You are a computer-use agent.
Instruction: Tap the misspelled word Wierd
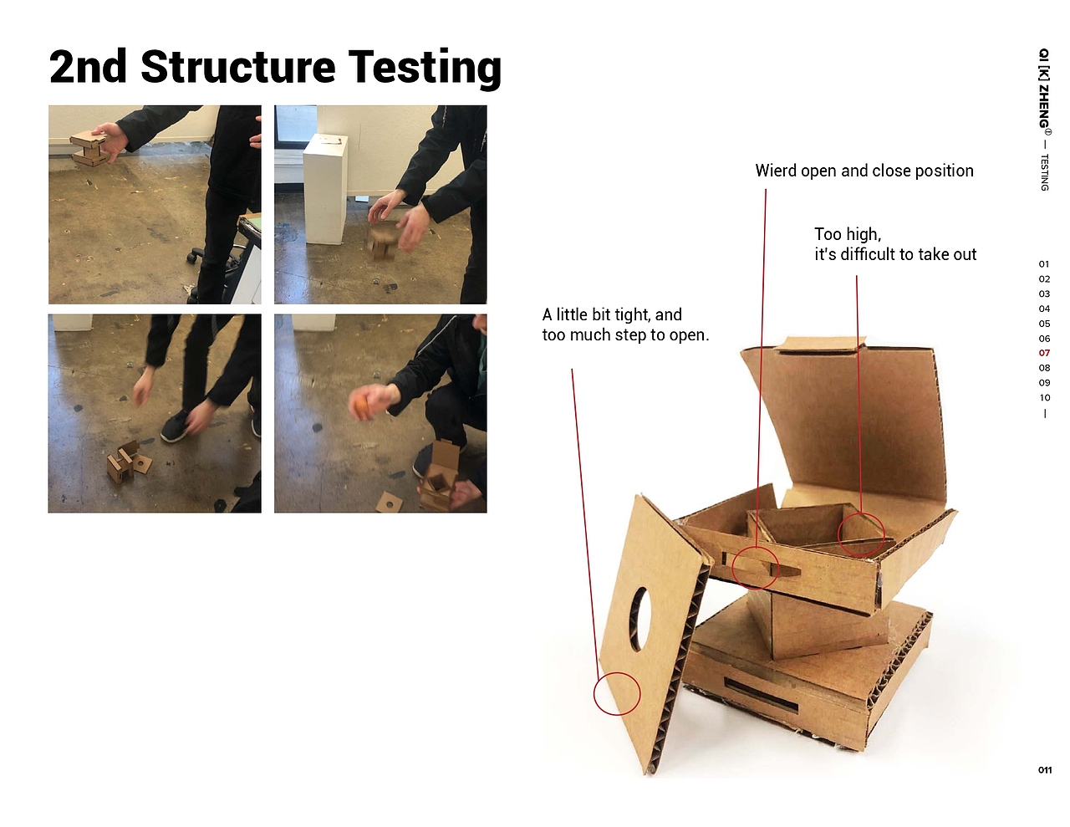[x=776, y=171]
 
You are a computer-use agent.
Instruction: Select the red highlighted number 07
[x=1044, y=353]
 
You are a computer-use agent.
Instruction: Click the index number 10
[x=1044, y=397]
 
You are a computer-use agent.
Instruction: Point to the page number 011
[x=1044, y=770]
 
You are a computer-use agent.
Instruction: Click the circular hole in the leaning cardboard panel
[x=639, y=619]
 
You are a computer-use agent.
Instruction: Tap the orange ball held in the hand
[x=359, y=408]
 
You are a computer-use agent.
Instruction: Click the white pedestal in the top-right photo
[x=325, y=190]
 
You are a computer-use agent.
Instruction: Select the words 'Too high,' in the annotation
[x=848, y=234]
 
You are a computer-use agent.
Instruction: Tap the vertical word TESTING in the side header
[x=1044, y=172]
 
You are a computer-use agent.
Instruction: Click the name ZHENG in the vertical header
[x=1044, y=106]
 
